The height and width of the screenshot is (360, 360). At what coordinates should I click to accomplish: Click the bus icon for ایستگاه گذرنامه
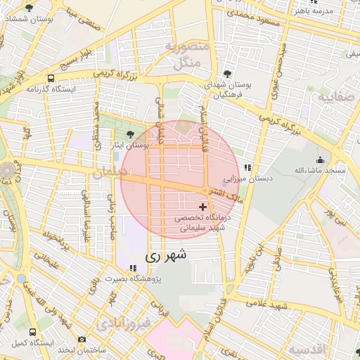51,78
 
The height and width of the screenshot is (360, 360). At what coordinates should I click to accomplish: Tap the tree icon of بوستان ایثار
130,134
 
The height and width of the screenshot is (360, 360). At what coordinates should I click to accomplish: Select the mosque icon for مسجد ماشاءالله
321,160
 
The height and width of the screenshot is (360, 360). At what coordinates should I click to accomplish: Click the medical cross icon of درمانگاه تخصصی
204,207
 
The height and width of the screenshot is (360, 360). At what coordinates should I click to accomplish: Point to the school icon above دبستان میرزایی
247,167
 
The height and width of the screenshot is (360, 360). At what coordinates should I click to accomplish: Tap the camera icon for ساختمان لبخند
82,340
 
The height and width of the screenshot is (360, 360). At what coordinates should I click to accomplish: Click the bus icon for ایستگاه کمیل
32,331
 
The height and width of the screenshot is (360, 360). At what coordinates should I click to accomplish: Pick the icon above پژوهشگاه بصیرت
133,268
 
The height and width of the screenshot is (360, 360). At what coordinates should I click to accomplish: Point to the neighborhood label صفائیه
335,98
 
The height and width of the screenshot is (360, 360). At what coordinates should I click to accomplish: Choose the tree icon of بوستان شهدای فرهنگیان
227,73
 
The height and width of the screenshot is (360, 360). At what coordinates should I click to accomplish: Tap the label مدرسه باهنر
330,12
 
